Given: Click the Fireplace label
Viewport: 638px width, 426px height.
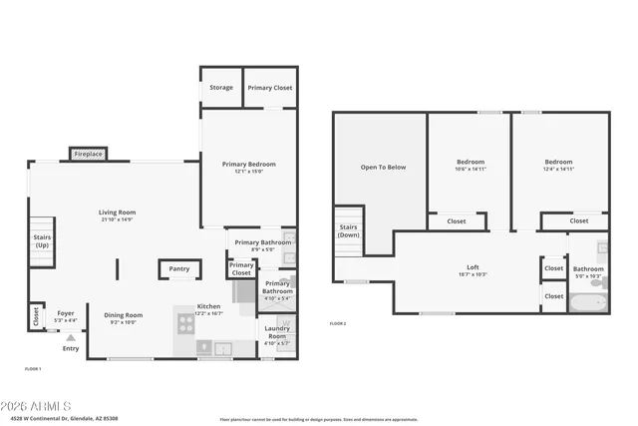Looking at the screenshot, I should coord(89,155).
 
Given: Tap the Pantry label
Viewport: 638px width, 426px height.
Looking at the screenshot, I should coord(179,268).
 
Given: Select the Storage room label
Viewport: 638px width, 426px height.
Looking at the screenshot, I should coord(221,88).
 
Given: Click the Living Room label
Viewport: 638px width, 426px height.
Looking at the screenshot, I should coord(117,213).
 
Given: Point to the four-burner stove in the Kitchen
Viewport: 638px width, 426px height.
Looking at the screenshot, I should coord(185,322).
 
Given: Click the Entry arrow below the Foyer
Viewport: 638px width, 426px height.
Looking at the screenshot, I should coord(71,338).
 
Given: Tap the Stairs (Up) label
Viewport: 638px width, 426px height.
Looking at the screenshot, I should coord(42,240).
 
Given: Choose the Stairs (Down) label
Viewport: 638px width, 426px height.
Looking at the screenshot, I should coord(348,231).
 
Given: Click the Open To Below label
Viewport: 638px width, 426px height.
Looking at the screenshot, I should coord(383,167).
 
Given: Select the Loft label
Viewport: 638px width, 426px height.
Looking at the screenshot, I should coord(474,267).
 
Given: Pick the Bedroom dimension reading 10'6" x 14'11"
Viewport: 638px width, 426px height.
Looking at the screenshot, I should coord(471,169).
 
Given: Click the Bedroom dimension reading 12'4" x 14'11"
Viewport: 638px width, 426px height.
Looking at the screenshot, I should coord(558,169).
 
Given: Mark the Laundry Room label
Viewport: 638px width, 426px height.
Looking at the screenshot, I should coord(276,333).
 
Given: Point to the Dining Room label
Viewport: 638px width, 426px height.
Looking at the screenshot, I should coord(124,315).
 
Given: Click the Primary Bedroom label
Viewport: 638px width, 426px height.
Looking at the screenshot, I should coord(248,165).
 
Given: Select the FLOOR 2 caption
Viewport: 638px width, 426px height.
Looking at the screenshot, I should coord(338,323).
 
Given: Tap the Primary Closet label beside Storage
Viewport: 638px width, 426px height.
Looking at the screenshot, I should coord(270,88).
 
